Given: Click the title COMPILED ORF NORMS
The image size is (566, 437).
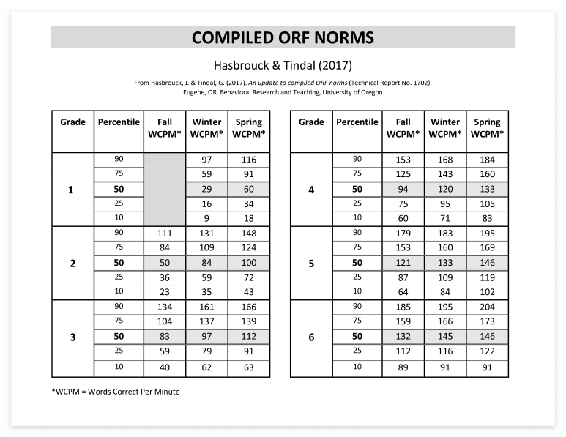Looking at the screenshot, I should tap(283, 37).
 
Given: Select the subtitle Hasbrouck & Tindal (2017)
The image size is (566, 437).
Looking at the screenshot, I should tap(283, 64).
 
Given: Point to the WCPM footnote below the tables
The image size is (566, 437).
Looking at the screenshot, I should tap(116, 392).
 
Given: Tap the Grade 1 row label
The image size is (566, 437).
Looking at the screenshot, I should tap(71, 190).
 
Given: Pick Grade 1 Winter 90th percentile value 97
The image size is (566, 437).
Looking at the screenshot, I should tap(207, 160).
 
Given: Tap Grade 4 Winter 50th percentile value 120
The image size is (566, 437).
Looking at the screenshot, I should tap(444, 190).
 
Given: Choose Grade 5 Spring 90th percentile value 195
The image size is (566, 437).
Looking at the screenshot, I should tap(487, 234).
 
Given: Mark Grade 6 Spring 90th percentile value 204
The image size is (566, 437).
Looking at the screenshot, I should tap(487, 307).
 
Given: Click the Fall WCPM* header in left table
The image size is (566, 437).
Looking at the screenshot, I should tap(165, 128).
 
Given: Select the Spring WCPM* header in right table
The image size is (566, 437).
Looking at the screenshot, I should tap(487, 128).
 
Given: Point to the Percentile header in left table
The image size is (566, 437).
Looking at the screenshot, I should tap(119, 122).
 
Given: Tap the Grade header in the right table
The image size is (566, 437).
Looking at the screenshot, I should tap(311, 122).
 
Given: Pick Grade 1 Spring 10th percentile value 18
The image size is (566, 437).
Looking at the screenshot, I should tap(249, 218).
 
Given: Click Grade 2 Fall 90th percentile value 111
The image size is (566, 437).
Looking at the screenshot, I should tap(165, 234).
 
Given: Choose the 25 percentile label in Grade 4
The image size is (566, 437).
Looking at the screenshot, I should tap(357, 204).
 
